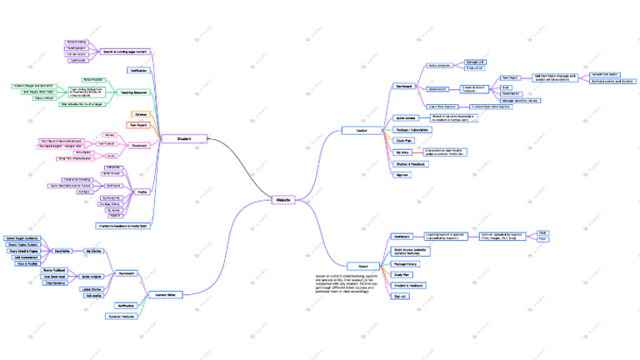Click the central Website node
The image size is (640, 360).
(282, 200)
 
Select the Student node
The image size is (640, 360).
(183, 138)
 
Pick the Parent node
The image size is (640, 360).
(360, 266)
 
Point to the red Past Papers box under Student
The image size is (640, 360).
(137, 124)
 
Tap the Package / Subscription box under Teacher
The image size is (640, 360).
(412, 129)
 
